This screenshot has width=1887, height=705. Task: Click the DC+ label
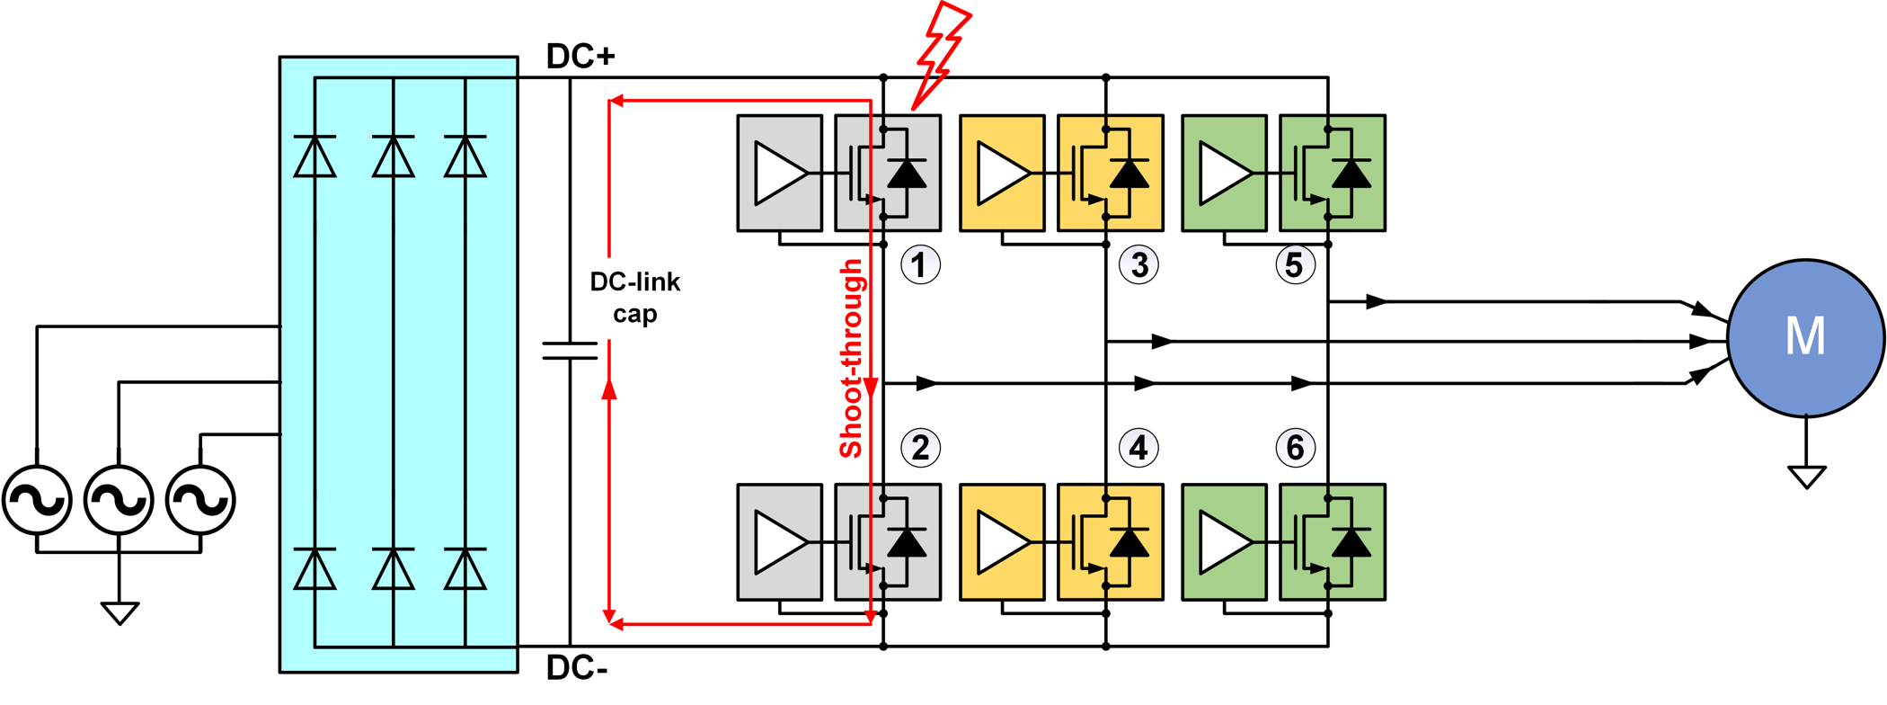click(x=580, y=57)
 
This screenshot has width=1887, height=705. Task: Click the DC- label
click(x=577, y=668)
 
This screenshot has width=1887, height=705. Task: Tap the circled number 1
click(x=920, y=265)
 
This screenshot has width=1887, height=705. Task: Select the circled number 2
click(x=920, y=448)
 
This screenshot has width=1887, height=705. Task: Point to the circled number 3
click(x=1139, y=265)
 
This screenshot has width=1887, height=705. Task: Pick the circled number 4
click(x=1139, y=448)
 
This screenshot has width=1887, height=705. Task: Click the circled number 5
click(x=1295, y=265)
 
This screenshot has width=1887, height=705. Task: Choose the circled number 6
click(x=1295, y=448)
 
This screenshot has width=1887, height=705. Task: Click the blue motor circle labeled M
click(x=1805, y=338)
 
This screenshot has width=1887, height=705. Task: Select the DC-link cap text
click(x=634, y=298)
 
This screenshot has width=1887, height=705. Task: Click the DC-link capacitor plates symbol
click(x=570, y=351)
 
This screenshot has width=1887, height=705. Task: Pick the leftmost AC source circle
click(x=37, y=499)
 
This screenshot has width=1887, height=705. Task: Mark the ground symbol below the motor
click(x=1806, y=476)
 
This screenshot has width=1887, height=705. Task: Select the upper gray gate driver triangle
click(x=779, y=173)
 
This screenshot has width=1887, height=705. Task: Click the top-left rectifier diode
click(x=314, y=156)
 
